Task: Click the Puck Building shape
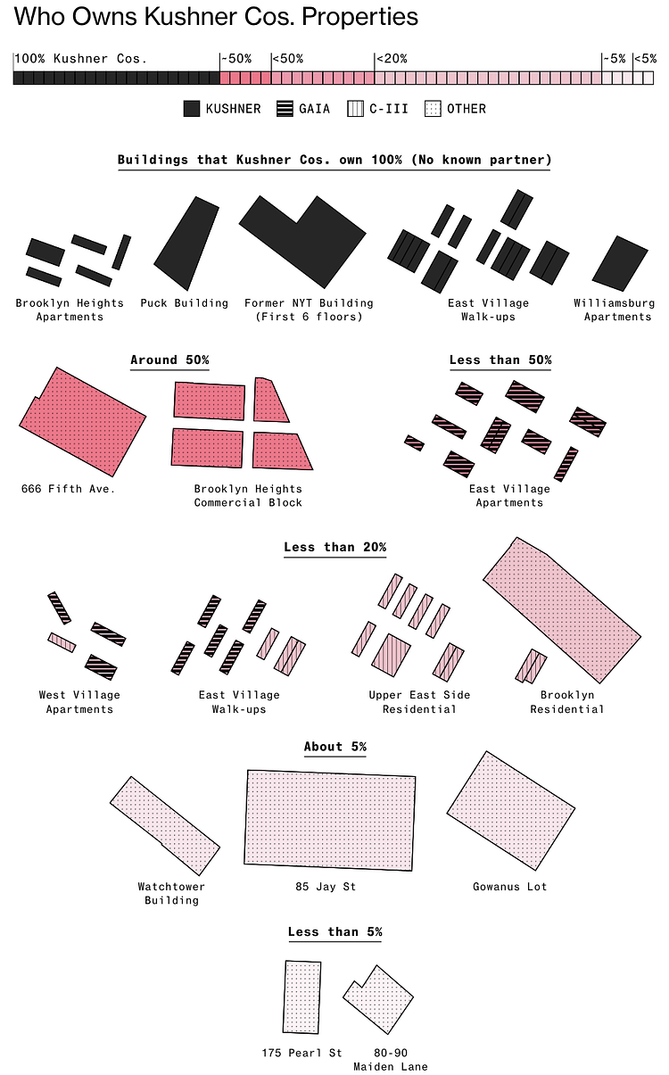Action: tap(186, 244)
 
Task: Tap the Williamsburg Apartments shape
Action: tap(620, 263)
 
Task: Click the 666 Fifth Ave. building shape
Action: tap(83, 422)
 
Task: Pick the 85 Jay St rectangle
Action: tap(330, 820)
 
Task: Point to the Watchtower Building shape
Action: tap(165, 825)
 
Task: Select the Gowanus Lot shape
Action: tap(510, 811)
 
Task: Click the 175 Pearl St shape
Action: tap(301, 996)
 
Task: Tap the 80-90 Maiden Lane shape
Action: tap(379, 999)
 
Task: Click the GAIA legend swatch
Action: tap(285, 109)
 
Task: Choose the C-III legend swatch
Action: tap(355, 109)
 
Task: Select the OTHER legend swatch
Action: tap(433, 109)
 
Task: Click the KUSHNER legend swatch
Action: tap(192, 109)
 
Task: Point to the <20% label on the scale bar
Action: tap(392, 59)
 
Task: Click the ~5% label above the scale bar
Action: tap(615, 59)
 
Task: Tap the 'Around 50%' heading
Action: tap(169, 360)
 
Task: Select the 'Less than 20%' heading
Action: tap(335, 547)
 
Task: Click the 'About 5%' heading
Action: tap(335, 747)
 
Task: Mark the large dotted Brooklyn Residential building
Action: tap(561, 609)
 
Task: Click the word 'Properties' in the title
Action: tap(360, 16)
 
